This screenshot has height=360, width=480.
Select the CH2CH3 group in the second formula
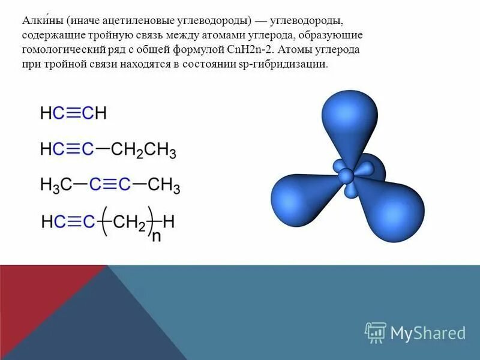pos(144,150)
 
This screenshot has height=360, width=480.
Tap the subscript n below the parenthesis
pos(156,236)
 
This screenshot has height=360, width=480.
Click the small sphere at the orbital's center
pos(346,175)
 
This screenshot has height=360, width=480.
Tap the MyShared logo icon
pos(376,332)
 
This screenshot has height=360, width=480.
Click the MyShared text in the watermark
pos(428,333)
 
